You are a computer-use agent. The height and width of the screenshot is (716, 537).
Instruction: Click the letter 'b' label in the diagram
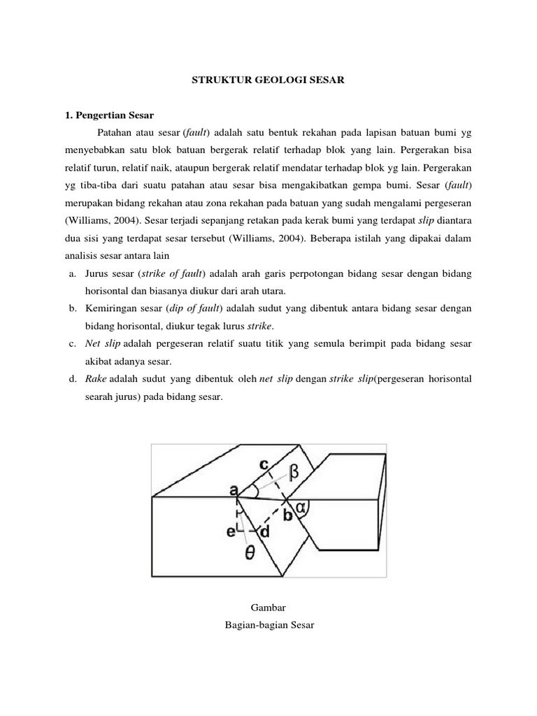point(287,517)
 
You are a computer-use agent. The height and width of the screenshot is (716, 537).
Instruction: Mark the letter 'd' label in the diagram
point(264,533)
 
